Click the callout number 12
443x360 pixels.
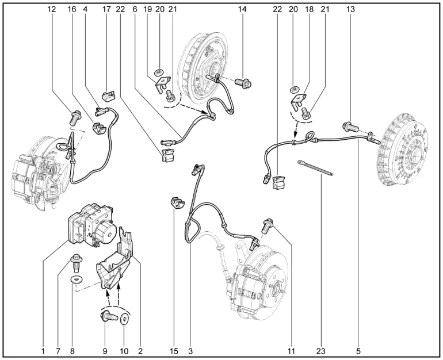point(52,10)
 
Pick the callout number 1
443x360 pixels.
point(43,349)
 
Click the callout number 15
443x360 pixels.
point(173,349)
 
